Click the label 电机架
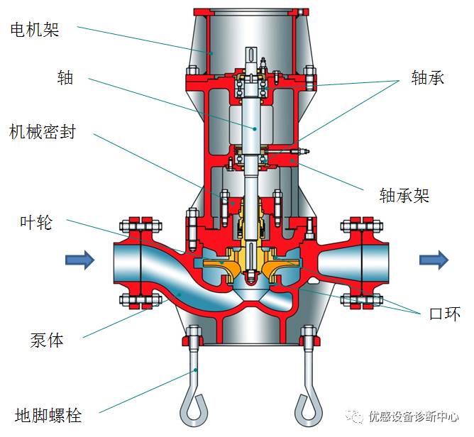34,29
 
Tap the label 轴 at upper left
65,77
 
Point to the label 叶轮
35,222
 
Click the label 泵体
47,340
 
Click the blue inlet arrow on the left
79,260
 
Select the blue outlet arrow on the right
433,260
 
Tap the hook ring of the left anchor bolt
194,406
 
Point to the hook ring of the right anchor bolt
310,406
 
